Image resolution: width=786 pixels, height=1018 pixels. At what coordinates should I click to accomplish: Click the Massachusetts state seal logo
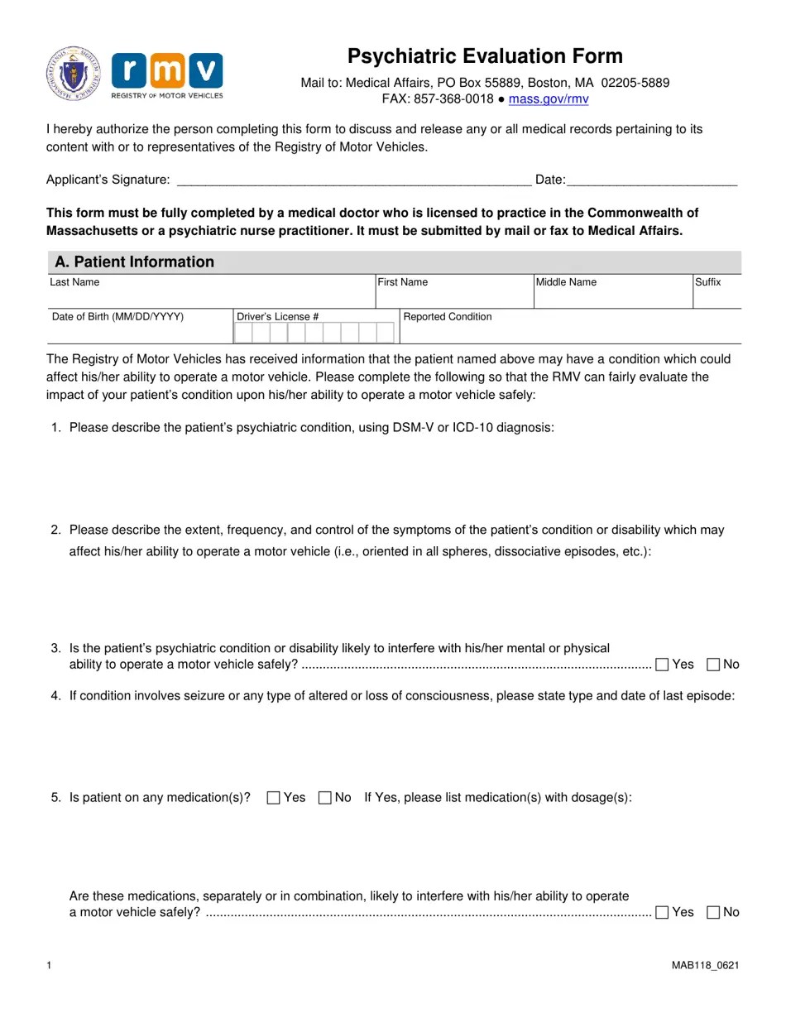74,74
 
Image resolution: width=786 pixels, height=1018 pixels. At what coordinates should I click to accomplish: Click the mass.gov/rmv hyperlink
549,99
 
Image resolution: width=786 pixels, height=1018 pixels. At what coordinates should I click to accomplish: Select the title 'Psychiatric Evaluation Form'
485,56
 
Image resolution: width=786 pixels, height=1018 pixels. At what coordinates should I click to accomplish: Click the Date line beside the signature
652,180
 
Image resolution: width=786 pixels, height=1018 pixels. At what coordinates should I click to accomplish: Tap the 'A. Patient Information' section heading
134,262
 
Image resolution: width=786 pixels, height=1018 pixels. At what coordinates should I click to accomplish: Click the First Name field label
403,282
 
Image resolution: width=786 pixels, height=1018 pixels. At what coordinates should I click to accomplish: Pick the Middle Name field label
566,282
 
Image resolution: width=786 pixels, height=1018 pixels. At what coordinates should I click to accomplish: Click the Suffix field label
708,282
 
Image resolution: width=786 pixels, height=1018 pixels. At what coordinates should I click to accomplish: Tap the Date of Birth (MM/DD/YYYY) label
117,317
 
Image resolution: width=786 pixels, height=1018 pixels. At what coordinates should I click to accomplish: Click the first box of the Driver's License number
243,333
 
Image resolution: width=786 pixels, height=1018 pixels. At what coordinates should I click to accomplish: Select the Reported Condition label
448,317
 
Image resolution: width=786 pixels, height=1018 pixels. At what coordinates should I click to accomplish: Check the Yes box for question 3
662,665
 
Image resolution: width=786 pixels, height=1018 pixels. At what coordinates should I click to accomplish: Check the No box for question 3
713,665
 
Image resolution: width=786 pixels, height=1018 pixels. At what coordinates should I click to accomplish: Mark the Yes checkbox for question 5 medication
274,798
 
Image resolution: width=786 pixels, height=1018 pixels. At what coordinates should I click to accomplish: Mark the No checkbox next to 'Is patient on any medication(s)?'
325,798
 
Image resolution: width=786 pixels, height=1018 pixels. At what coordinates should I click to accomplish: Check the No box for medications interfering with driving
713,912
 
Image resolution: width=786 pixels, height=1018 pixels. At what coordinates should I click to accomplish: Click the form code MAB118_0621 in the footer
705,966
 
